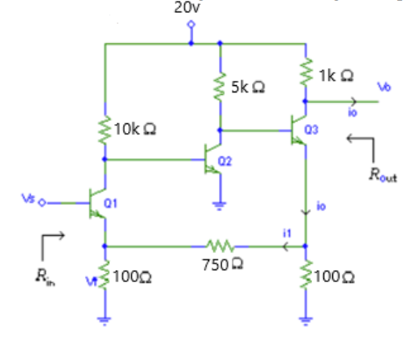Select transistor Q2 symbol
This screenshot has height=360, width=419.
(x=213, y=159)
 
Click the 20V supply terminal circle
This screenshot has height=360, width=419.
(x=191, y=25)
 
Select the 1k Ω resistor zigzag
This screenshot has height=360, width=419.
(x=306, y=75)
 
